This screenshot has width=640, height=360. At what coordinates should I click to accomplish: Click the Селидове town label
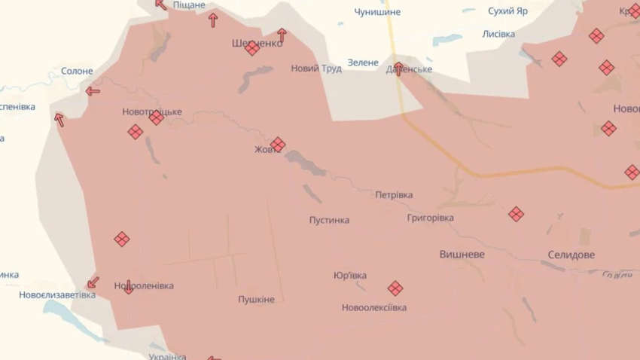571,255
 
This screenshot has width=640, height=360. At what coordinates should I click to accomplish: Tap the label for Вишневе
462,255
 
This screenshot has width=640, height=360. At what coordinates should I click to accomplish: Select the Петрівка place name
394,195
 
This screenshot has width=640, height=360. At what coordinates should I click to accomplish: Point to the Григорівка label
430,218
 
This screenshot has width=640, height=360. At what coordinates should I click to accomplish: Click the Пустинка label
329,220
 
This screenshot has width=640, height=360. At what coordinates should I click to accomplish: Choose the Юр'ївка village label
349,276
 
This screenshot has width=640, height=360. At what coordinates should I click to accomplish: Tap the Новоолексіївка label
373,307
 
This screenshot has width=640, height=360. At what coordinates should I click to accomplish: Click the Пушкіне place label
256,299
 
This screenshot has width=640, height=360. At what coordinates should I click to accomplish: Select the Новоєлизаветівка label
57,294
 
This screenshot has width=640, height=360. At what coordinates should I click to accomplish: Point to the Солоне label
77,72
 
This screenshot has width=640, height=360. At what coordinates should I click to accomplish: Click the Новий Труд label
316,69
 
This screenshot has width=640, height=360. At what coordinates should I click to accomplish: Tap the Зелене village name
363,63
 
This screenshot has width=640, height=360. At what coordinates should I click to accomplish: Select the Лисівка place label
498,35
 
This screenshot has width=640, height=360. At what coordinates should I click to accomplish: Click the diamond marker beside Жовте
278,144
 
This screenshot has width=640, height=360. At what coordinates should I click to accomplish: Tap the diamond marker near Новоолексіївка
395,288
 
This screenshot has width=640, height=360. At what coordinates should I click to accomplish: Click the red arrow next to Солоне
93,91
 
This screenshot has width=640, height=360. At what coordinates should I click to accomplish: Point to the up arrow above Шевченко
282,35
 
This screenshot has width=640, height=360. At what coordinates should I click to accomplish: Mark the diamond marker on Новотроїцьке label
157,117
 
